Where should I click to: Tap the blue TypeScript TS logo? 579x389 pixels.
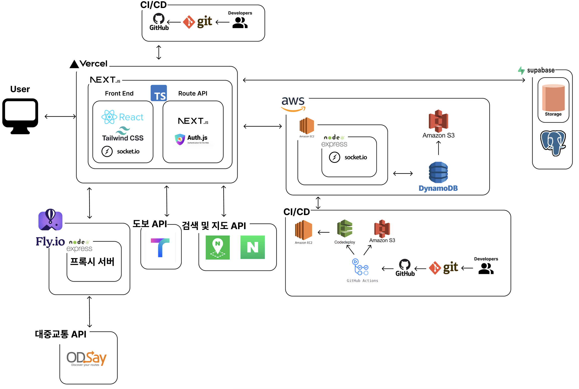(x=159, y=93)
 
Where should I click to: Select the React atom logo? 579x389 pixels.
(x=109, y=117)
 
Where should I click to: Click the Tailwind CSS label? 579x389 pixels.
(x=123, y=138)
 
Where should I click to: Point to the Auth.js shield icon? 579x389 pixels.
(x=180, y=139)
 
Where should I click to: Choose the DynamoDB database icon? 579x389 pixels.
(x=438, y=172)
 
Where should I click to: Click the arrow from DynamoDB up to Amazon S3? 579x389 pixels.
(x=438, y=148)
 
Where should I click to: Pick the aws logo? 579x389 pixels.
(x=293, y=103)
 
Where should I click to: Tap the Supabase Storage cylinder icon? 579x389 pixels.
(x=553, y=98)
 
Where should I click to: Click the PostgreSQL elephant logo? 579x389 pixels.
(x=553, y=143)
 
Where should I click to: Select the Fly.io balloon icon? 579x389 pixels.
(x=50, y=220)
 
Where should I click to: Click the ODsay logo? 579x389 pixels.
(x=86, y=358)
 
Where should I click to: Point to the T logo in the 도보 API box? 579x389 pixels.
(x=160, y=248)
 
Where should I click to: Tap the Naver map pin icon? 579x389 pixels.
(x=217, y=247)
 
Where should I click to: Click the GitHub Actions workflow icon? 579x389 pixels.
(x=360, y=267)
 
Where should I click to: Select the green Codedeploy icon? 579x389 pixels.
(x=344, y=228)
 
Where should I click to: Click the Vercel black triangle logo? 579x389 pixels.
(x=74, y=64)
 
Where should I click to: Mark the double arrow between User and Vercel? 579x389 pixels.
(x=60, y=116)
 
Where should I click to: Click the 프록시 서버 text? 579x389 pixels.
(x=92, y=262)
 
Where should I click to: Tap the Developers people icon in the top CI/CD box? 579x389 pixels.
(x=240, y=23)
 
